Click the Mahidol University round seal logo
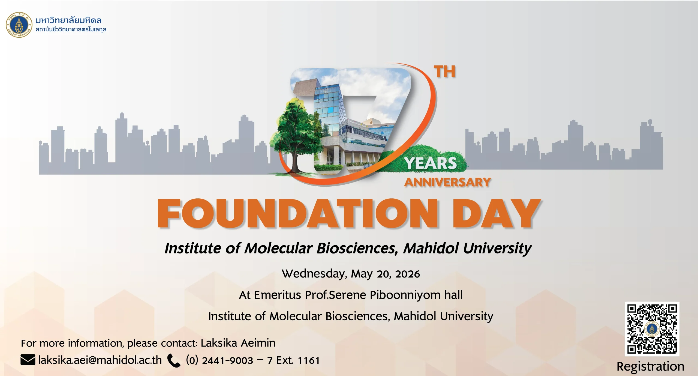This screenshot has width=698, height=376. pos(19,25)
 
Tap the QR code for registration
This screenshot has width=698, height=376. pos(652,329)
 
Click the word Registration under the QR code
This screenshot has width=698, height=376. pos(650,367)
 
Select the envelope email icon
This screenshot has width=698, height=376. pos(28,360)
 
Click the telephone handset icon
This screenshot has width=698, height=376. pos(174,360)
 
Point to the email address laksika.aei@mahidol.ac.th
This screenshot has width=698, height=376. pos(100,360)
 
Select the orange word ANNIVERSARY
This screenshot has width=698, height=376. pos(447,182)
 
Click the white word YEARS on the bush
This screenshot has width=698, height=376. pos(431,163)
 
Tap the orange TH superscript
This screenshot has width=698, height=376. pos(445,72)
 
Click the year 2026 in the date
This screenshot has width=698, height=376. pos(407,274)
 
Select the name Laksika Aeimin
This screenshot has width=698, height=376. pos(238,343)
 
